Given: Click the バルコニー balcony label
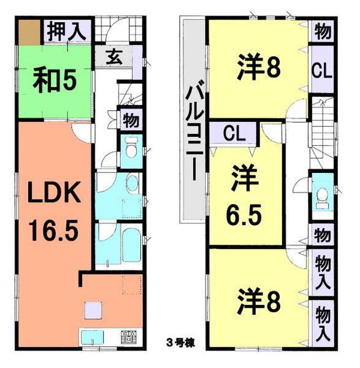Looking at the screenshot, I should pyautogui.click(x=194, y=129).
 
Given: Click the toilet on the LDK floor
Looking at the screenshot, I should pyautogui.click(x=130, y=148).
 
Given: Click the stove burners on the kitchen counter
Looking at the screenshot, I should pyautogui.click(x=128, y=337).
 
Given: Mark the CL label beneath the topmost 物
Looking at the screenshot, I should pyautogui.click(x=321, y=69).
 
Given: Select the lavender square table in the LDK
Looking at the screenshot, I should pyautogui.click(x=93, y=310).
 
